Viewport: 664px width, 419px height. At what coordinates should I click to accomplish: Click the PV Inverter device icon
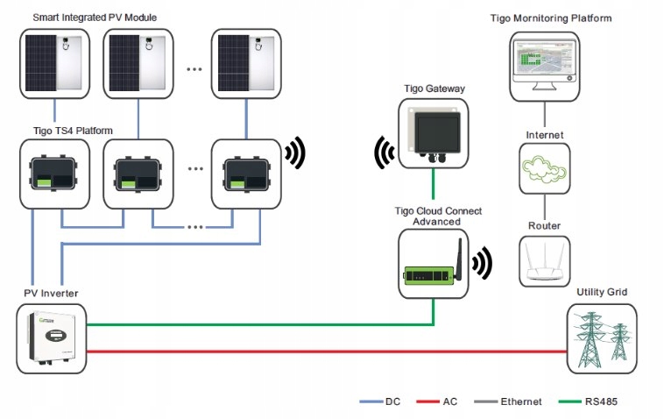[x=51, y=338]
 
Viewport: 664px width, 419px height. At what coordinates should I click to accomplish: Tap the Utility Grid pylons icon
[x=603, y=339]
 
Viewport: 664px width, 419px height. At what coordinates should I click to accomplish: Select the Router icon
[x=545, y=259]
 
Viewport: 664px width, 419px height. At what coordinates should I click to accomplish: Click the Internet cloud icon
[x=545, y=170]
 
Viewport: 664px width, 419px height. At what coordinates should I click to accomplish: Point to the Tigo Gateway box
[x=434, y=133]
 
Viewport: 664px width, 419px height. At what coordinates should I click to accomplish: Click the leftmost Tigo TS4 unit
[x=54, y=173]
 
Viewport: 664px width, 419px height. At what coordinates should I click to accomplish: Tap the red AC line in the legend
[x=427, y=401]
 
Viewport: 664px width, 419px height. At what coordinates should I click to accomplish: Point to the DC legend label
[x=393, y=401]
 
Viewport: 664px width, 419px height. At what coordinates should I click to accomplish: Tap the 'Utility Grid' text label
[x=602, y=292]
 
